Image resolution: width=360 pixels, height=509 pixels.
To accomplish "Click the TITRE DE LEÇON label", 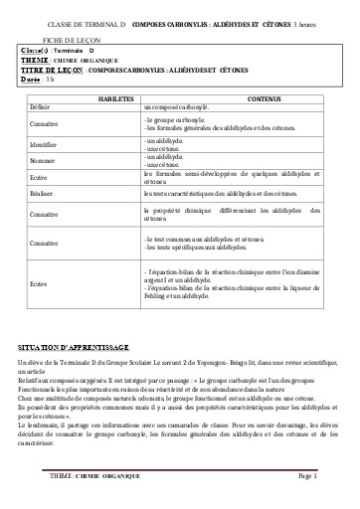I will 58,69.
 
